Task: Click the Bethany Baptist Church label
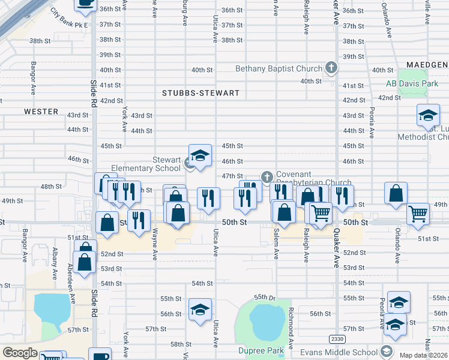point(279,68)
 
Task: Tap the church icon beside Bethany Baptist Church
point(330,68)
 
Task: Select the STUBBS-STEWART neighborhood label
point(201,94)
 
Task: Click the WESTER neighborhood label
point(41,112)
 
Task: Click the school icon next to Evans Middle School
point(387,352)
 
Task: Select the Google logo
point(20,353)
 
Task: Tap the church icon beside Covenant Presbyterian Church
point(267,176)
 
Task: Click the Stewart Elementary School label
point(146,164)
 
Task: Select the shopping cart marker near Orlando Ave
point(418,213)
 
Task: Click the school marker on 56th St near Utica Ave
point(200,310)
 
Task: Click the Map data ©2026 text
point(424,355)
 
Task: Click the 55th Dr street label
point(264,297)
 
